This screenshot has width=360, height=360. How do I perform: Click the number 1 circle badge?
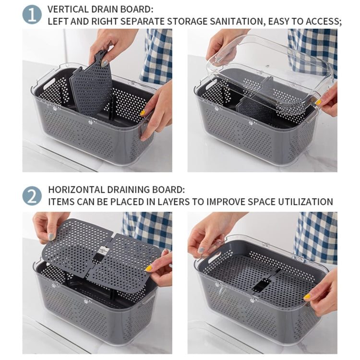pyautogui.click(x=32, y=14)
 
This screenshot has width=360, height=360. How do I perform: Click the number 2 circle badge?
pyautogui.click(x=32, y=195)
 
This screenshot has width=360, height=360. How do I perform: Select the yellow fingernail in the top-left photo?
pyautogui.click(x=143, y=113)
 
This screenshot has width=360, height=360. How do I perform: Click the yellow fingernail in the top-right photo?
pyautogui.click(x=318, y=102)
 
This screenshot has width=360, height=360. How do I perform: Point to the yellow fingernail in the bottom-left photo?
pyautogui.click(x=149, y=268)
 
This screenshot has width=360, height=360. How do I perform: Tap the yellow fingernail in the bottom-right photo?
pyautogui.click(x=307, y=297)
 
